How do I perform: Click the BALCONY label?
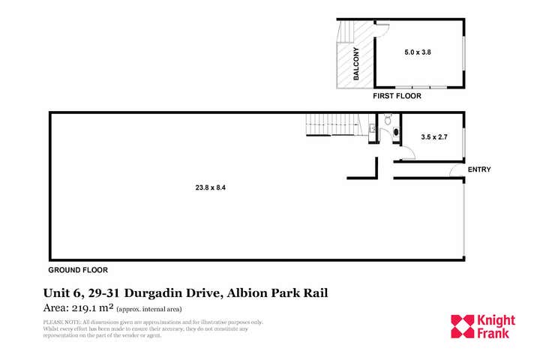[x=356, y=64]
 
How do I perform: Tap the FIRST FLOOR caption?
[x=397, y=96]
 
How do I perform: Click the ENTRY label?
[x=479, y=169]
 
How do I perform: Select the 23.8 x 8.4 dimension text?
[x=211, y=187]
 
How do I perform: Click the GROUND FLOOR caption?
[x=78, y=269]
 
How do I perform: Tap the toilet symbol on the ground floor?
[x=388, y=120]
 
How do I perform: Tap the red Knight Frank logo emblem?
[x=461, y=326]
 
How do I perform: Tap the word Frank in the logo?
[x=493, y=333]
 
